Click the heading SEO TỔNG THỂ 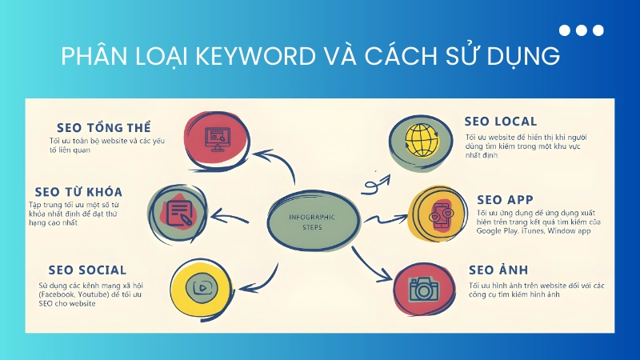click(104, 128)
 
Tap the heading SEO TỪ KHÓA click(78, 192)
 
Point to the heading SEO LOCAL click(501, 122)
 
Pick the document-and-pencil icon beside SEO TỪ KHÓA click(178, 212)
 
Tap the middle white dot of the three click(582, 30)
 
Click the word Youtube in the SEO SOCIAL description click(102, 294)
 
